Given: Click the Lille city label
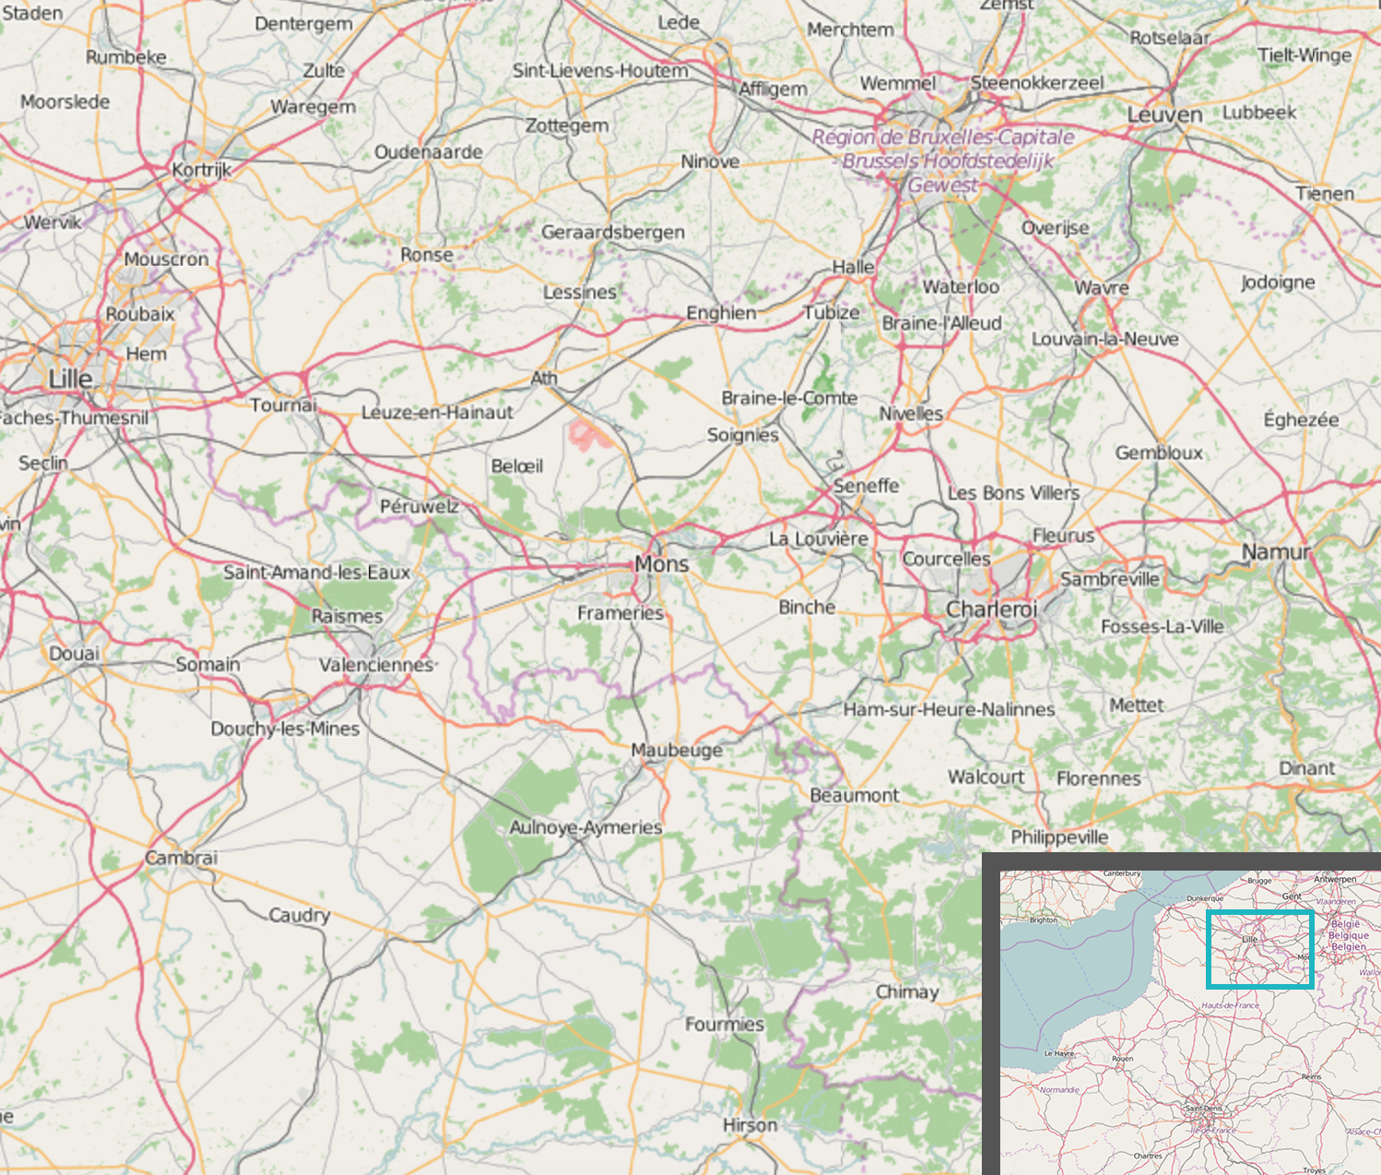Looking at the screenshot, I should (70, 379).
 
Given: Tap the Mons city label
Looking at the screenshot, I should (661, 564).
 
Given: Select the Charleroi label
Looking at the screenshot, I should (991, 609).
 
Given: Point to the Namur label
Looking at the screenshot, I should (1275, 552).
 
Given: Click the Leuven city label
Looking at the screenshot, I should (1164, 115).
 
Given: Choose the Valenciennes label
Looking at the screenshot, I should (376, 664).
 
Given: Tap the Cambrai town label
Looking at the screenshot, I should (181, 858).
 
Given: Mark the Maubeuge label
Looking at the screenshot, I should (677, 750).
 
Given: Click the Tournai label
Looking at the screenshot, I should (283, 405).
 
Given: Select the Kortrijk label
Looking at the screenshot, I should (201, 170).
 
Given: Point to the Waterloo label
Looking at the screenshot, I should (961, 287).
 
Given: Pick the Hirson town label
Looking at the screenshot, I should (750, 1125).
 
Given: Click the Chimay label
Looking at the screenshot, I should (906, 991).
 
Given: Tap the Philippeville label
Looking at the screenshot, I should (1059, 837).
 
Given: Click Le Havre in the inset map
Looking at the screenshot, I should (1058, 1052).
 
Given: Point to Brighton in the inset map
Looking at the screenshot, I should (1043, 920).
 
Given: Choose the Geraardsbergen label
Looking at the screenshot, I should (612, 232).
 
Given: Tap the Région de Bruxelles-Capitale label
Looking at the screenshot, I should (943, 137).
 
